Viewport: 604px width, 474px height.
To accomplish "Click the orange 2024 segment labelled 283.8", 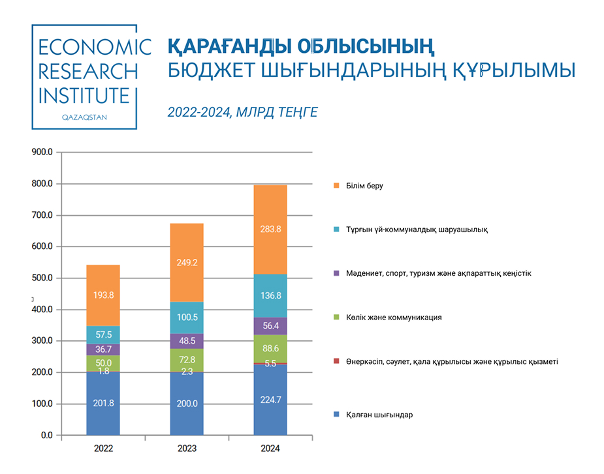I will point(270,230).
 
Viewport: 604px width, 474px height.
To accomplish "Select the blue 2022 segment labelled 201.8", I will point(103,403).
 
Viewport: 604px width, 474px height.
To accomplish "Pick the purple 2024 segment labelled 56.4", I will point(270,326).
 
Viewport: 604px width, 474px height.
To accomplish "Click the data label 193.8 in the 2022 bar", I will point(103,295).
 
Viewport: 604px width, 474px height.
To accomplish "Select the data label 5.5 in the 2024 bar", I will point(270,364).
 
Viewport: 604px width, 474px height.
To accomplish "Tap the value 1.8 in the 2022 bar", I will point(103,371).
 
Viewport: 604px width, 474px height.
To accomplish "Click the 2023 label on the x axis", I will point(187,449).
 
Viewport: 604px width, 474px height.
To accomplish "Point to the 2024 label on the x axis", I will point(270,449).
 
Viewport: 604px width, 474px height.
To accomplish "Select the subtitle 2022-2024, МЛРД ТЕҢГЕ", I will point(242,112).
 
